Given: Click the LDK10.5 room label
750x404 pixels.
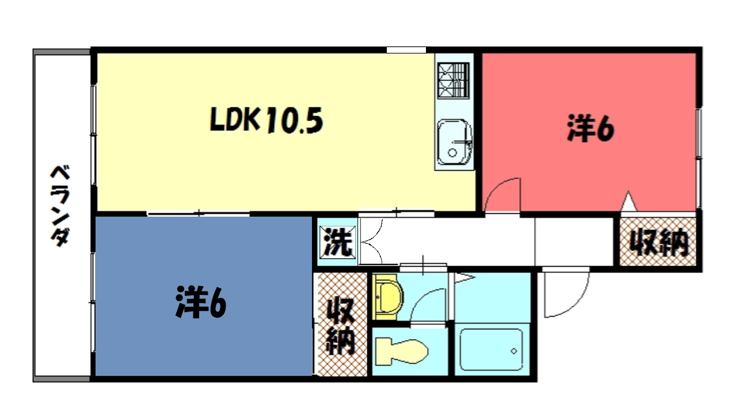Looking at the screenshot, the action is pyautogui.click(x=266, y=120).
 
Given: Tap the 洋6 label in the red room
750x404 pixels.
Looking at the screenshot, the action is pyautogui.click(x=591, y=129).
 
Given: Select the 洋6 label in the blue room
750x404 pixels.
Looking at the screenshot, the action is pyautogui.click(x=201, y=302).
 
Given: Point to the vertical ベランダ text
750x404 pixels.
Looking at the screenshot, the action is pyautogui.click(x=60, y=206).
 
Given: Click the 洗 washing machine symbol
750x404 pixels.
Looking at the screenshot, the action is pyautogui.click(x=337, y=243).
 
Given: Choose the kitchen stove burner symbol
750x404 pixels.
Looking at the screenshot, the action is pyautogui.click(x=453, y=81).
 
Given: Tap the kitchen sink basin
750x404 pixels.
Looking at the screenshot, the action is pyautogui.click(x=454, y=142).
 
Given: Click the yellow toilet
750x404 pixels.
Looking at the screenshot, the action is pyautogui.click(x=402, y=352).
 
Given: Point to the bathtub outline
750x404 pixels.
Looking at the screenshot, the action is pyautogui.click(x=491, y=349).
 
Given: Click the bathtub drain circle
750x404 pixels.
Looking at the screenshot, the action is pyautogui.click(x=513, y=351).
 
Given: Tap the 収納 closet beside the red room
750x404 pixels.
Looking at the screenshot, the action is pyautogui.click(x=658, y=242).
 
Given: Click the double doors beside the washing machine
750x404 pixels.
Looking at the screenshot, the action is pyautogui.click(x=371, y=241).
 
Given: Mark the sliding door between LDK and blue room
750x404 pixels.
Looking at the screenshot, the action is pyautogui.click(x=198, y=213).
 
